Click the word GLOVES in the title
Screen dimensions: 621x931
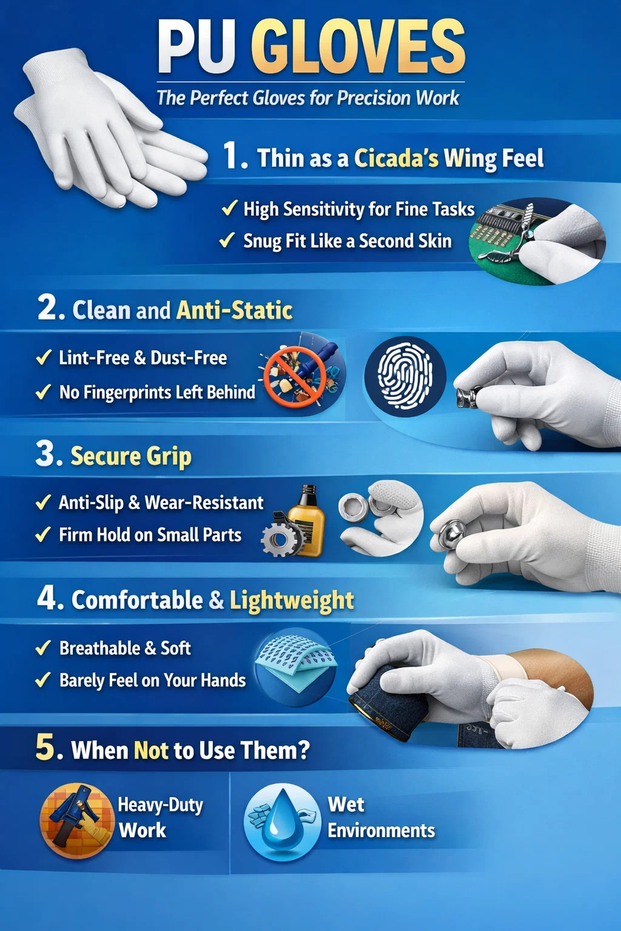coord(358,47)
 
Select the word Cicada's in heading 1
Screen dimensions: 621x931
coord(396,158)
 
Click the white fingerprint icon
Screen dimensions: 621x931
coord(404,376)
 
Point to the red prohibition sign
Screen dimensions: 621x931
coord(295,377)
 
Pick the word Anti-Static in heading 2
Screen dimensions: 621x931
coord(234,310)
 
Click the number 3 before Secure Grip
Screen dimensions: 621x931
coord(45,454)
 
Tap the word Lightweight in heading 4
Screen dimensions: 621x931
coord(292,600)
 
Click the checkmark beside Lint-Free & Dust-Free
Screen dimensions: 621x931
coord(44,357)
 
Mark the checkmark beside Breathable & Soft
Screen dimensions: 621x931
coord(43,647)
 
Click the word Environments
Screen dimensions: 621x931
coord(381,830)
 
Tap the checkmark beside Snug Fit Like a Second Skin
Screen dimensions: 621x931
coord(227,240)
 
